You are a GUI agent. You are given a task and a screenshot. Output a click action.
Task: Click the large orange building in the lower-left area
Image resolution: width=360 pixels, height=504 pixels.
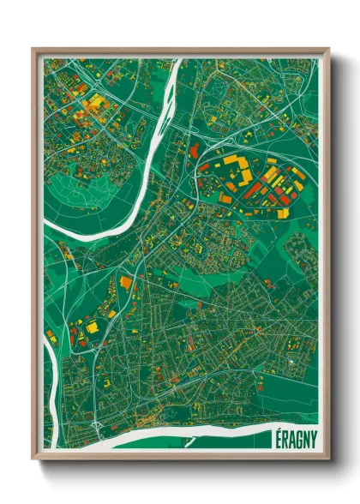tap(126, 282)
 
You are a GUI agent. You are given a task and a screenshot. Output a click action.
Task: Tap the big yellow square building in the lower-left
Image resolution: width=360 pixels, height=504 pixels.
tap(92, 327)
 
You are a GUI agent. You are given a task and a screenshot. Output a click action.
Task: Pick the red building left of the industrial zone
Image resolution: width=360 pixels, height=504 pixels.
tap(194, 152)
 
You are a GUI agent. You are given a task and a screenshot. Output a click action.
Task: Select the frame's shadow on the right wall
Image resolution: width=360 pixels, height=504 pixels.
tap(336, 257)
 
